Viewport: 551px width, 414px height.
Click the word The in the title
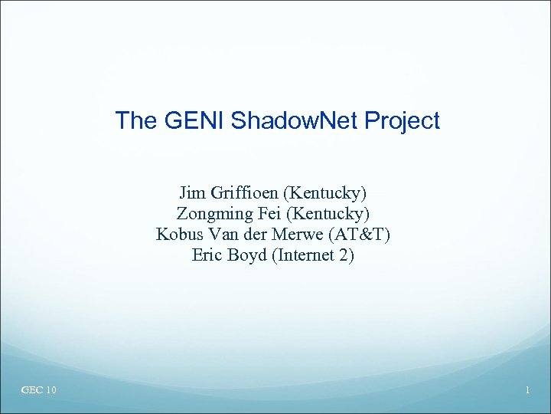(134, 120)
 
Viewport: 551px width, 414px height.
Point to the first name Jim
(191, 192)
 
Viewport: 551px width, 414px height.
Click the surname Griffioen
(242, 192)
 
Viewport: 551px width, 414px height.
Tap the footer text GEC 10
(39, 391)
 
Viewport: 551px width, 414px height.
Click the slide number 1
(527, 391)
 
